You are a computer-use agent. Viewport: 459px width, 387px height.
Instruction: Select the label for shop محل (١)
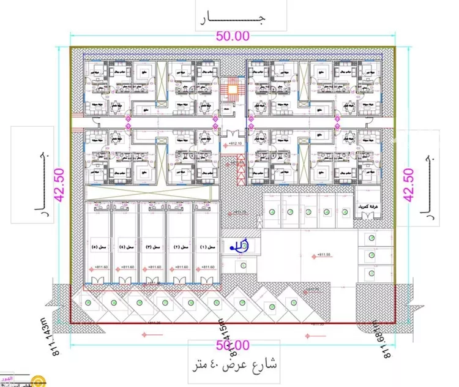[x=208, y=247]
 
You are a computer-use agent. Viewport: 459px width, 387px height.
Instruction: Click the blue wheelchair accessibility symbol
[x=237, y=246]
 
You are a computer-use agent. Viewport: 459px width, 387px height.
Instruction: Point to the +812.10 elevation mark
[x=234, y=144]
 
